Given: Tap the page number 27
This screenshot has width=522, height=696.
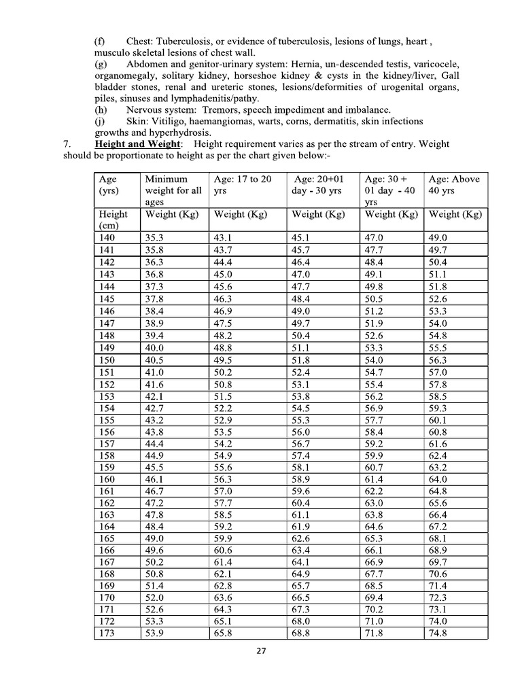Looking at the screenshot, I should click(262, 652).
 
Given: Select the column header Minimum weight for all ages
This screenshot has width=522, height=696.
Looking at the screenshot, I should click(173, 190).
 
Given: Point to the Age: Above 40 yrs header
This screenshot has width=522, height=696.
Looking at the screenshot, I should click(453, 185).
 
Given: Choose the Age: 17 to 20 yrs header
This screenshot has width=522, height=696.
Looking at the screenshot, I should click(243, 185).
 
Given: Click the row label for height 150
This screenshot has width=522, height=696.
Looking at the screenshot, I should click(107, 360).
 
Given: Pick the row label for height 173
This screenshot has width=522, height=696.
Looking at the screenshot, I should click(107, 633).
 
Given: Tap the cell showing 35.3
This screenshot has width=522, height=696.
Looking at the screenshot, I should click(154, 238).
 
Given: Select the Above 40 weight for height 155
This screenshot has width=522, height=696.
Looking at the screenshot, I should click(438, 419).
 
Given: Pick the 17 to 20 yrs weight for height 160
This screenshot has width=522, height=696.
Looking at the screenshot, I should click(224, 479).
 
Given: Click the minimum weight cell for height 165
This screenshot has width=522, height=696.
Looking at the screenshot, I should click(155, 538).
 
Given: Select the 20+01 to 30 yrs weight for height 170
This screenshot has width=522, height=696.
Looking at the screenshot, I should click(301, 598).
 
